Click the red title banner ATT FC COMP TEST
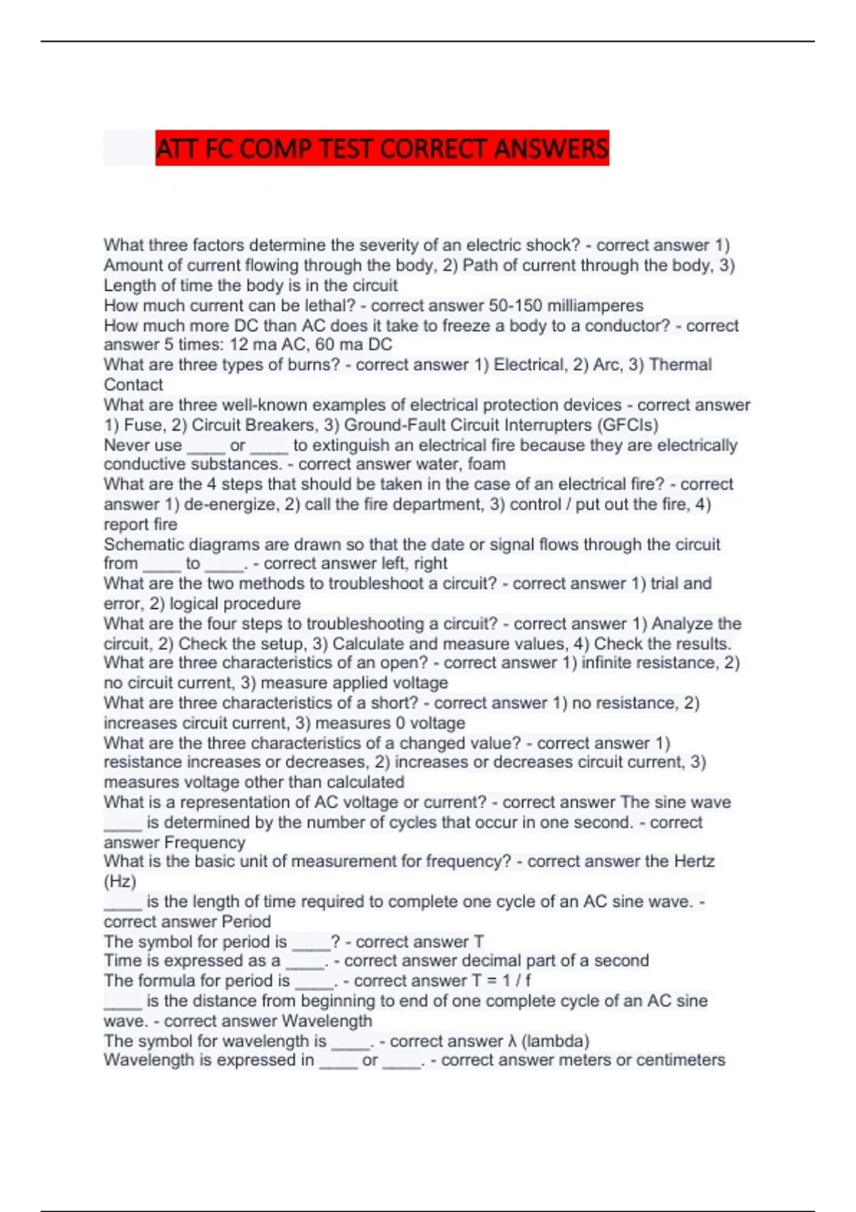(x=382, y=148)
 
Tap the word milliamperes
(x=595, y=306)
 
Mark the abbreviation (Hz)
(x=120, y=882)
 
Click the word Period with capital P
(x=246, y=922)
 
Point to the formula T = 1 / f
(x=501, y=981)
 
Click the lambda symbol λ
(x=512, y=1042)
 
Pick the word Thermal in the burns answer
(x=681, y=365)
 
